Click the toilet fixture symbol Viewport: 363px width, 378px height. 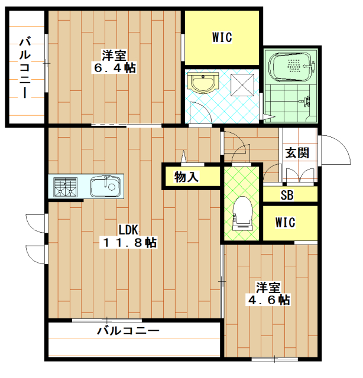(x=242, y=213)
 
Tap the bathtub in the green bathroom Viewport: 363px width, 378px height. (x=291, y=66)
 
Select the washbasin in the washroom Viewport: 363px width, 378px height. (x=203, y=83)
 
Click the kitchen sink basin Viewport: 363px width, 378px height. (x=105, y=186)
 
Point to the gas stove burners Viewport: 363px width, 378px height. (x=65, y=187)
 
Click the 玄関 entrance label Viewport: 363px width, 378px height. (x=297, y=153)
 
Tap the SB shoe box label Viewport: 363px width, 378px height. (x=287, y=195)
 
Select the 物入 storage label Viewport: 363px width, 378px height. (x=186, y=177)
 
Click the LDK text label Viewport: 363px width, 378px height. (x=128, y=230)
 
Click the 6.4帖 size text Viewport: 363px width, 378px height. (x=115, y=68)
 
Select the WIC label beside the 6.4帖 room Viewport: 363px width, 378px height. (x=222, y=37)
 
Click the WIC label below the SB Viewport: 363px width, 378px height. (x=286, y=222)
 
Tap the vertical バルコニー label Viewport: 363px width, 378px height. (x=25, y=67)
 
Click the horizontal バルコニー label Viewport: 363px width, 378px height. (x=128, y=330)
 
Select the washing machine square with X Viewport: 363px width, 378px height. (x=242, y=85)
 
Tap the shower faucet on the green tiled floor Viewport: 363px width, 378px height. (x=305, y=101)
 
